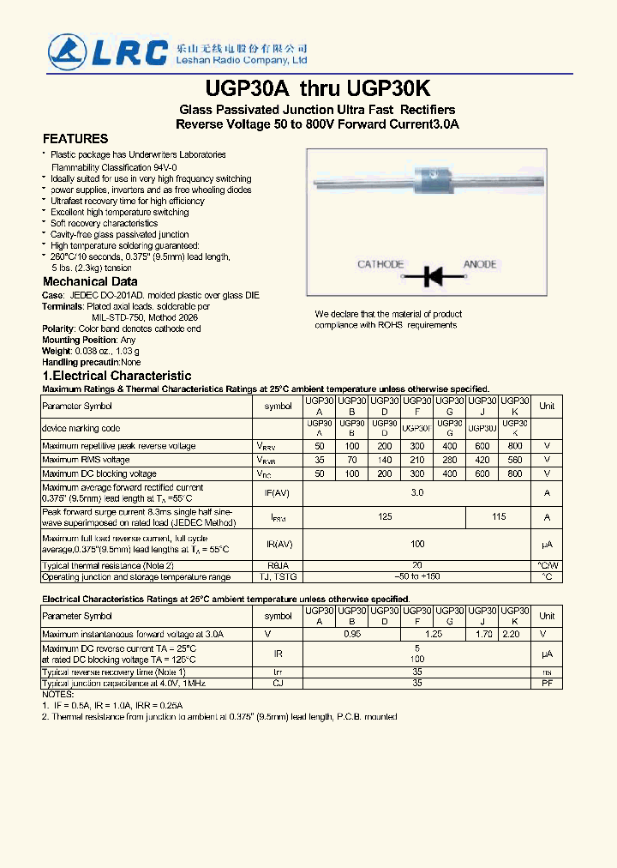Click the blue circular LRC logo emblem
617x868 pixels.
coord(67,51)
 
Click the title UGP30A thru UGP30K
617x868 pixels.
coord(318,89)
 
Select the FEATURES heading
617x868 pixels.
coord(75,139)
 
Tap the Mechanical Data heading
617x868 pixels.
coord(90,281)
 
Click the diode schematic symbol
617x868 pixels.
coord(432,276)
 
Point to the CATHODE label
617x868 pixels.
coord(380,264)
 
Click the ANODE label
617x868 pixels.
coord(480,264)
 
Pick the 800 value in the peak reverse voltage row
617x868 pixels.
coord(514,447)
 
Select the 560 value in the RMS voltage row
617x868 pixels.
coord(514,461)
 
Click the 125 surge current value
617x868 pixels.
coord(385,517)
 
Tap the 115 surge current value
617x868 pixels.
coord(499,517)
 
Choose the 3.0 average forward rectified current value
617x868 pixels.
coord(417,493)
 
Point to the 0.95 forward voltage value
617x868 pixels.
coord(351,634)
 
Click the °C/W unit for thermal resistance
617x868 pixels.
coord(547,565)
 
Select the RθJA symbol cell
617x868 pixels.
coord(278,565)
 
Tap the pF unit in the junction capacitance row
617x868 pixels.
coord(547,684)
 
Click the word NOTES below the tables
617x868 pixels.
coord(57,694)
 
